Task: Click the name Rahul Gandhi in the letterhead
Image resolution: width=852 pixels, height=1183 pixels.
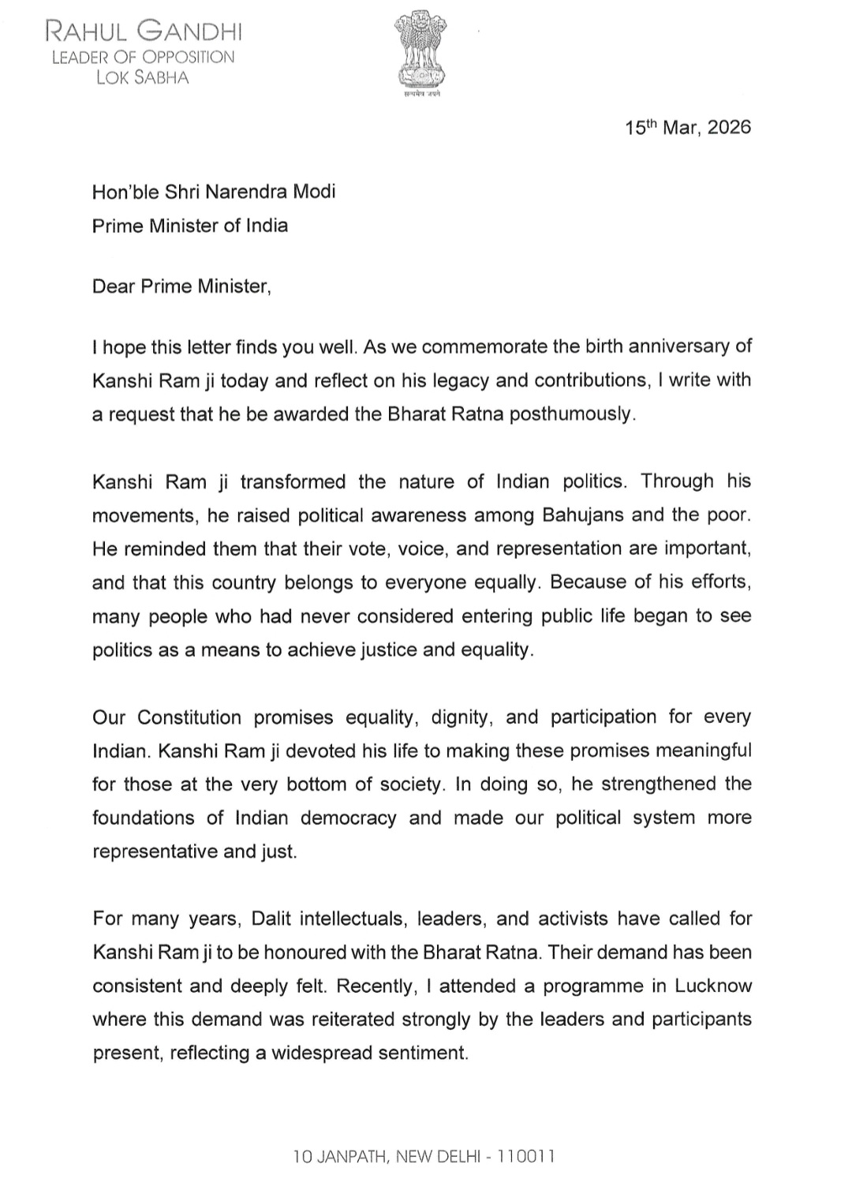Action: point(144,32)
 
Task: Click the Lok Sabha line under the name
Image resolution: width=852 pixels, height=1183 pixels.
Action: point(142,77)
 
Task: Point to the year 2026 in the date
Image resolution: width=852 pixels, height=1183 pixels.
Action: point(729,128)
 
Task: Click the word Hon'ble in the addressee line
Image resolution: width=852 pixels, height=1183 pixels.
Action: point(119,192)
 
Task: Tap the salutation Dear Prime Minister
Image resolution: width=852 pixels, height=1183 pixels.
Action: point(181,286)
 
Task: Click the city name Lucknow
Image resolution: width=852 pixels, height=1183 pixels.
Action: point(712,986)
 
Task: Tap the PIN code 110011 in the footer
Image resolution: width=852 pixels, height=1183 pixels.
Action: point(526,1157)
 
